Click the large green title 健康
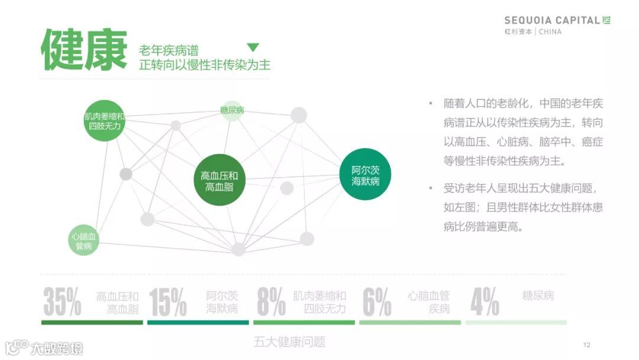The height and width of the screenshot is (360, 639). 84,49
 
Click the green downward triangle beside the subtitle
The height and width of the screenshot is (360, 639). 253,47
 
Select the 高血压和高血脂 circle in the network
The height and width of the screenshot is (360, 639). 220,181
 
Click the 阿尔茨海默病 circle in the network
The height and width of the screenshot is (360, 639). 366,175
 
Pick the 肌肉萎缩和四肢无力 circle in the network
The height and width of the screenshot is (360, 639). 105,121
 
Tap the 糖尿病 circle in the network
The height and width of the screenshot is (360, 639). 232,110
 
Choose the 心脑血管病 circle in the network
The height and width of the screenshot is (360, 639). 83,240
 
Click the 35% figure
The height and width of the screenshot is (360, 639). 62,302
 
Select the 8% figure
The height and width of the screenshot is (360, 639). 271,302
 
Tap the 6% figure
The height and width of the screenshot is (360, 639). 377,302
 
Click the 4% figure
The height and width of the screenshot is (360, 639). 485,302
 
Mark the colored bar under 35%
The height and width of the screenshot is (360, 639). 92,323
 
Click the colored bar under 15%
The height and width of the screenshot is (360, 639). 198,323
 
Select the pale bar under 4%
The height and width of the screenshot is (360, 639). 515,323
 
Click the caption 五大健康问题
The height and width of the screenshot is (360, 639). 289,342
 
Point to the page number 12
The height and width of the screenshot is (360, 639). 587,345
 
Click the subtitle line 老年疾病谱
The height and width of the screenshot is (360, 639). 169,50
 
